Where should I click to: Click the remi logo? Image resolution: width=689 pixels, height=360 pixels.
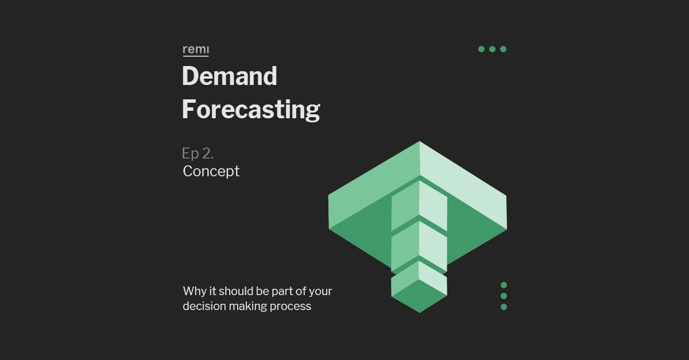tap(196, 51)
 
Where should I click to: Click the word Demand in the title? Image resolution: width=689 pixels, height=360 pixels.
tap(230, 76)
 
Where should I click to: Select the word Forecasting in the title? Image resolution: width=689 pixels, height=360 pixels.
tap(251, 110)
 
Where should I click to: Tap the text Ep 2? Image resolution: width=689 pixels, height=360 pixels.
tap(198, 153)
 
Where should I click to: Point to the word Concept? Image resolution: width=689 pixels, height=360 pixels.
tap(211, 171)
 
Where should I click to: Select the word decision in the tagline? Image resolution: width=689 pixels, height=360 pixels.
tap(204, 306)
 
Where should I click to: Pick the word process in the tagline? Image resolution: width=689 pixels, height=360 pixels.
tap(291, 307)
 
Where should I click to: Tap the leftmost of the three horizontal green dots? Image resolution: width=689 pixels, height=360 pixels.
tap(481, 49)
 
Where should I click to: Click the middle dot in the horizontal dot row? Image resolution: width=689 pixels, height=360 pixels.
tap(492, 49)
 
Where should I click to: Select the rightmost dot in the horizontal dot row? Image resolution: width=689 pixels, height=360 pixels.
tap(503, 49)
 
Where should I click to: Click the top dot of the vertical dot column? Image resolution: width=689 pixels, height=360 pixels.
tap(504, 285)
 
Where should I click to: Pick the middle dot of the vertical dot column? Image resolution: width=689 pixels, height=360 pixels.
tap(504, 296)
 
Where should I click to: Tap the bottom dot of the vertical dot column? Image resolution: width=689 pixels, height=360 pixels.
tap(504, 307)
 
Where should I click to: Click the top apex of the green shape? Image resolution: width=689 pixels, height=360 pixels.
tap(420, 142)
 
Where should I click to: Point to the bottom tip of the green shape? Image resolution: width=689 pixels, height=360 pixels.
tap(420, 312)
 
